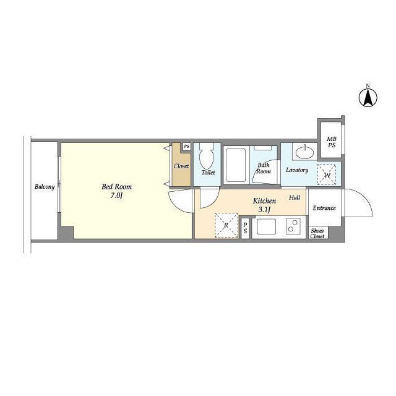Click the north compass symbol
click(x=368, y=97)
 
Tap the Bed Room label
click(x=117, y=187)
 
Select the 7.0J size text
click(x=116, y=196)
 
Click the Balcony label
click(x=45, y=187)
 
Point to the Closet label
click(x=181, y=166)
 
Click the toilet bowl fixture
click(x=207, y=156)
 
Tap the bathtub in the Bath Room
click(x=236, y=165)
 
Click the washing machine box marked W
click(x=327, y=174)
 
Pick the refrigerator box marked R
click(x=226, y=225)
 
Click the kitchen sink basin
click(x=266, y=226)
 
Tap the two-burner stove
click(x=293, y=226)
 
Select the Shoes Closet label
click(x=317, y=234)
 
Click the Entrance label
click(x=324, y=208)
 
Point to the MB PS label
click(x=332, y=142)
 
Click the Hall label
click(x=295, y=197)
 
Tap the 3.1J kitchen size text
click(x=264, y=209)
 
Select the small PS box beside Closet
click(x=187, y=147)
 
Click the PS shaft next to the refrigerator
click(x=245, y=228)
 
